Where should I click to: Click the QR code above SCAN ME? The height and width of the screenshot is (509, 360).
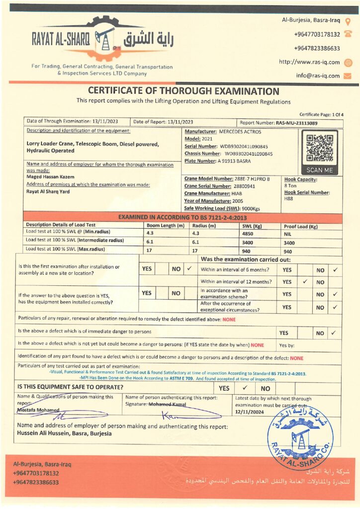[318, 148]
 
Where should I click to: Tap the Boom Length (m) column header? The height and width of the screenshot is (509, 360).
[163, 225]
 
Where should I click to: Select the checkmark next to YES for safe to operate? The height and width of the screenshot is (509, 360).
[245, 388]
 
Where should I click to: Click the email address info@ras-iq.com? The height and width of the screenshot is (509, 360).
[318, 76]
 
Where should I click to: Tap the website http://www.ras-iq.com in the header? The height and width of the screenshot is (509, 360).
[309, 62]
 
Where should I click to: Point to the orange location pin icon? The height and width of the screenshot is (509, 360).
[348, 21]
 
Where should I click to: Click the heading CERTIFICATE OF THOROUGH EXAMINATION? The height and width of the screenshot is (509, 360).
[183, 91]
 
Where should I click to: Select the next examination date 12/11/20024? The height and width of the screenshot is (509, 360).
[250, 412]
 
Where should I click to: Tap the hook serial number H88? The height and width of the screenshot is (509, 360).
[288, 198]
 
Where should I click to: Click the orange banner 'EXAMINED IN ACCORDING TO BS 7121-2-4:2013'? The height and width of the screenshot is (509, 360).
[183, 218]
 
